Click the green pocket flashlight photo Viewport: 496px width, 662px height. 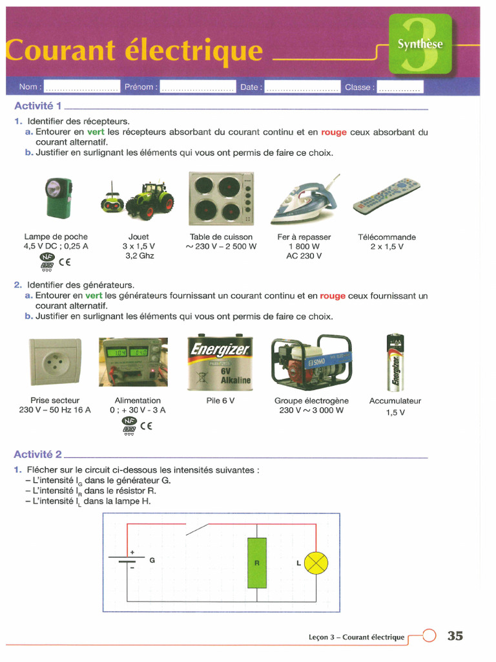point(56,197)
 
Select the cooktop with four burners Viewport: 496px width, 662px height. point(221,197)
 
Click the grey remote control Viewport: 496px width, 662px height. point(386,197)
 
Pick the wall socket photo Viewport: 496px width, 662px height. point(55,362)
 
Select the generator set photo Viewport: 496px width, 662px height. point(311,360)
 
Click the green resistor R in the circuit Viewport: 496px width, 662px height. point(256,562)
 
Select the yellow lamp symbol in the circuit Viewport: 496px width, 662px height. point(316,563)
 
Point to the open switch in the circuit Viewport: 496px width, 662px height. point(197,529)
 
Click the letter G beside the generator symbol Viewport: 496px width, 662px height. point(152,561)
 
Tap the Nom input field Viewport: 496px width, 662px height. point(81,87)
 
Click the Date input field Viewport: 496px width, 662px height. point(302,87)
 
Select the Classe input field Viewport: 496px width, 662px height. point(399,87)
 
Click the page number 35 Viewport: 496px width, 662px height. point(455,636)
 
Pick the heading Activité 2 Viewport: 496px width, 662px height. point(38,454)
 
